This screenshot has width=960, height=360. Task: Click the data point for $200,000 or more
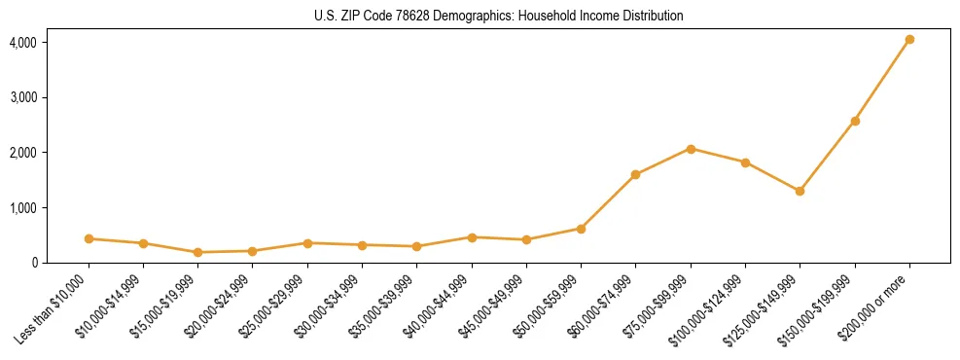click(909, 40)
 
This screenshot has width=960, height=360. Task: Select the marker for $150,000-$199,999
click(855, 121)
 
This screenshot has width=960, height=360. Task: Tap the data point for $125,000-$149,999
click(800, 191)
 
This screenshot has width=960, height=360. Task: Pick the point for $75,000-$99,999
click(691, 149)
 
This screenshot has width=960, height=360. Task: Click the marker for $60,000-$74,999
click(635, 175)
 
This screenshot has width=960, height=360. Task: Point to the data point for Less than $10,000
click(89, 238)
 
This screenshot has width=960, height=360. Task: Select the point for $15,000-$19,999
click(197, 252)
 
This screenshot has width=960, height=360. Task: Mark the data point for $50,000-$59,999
click(581, 229)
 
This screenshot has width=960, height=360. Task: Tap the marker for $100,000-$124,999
click(745, 162)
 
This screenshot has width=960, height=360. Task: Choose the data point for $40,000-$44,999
click(472, 237)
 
